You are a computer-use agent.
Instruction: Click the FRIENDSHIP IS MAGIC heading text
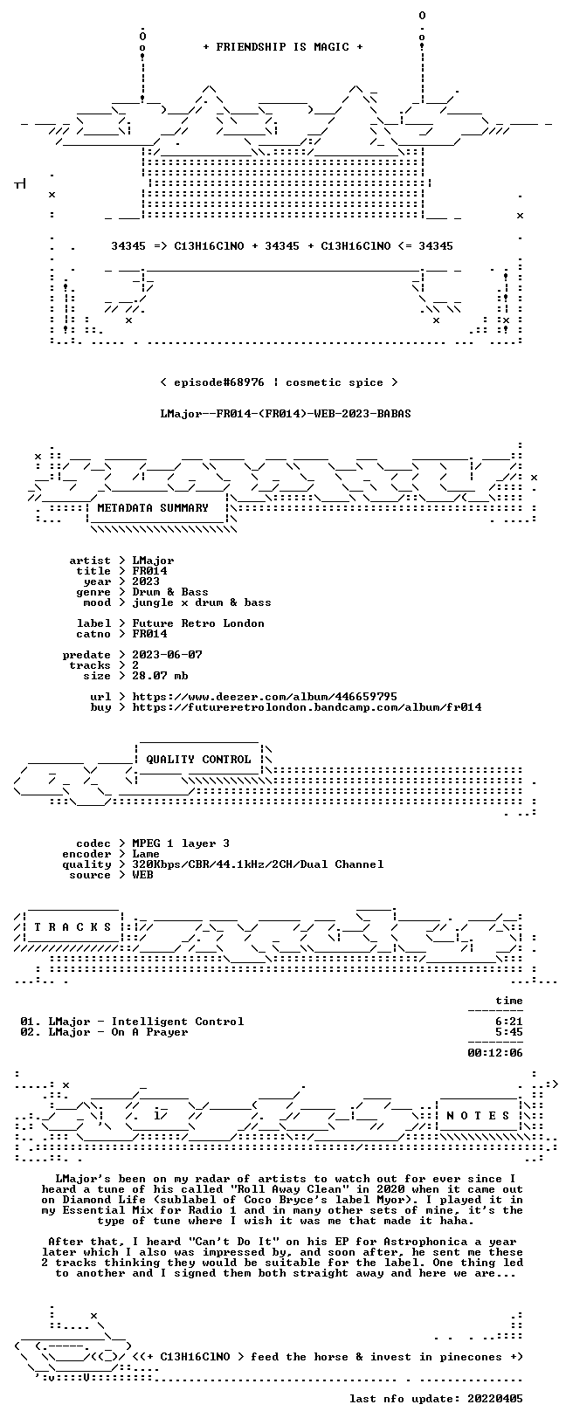pyautogui.click(x=283, y=47)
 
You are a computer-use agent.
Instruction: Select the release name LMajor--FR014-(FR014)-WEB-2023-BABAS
pyautogui.click(x=286, y=414)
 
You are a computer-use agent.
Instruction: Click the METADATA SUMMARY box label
pyautogui.click(x=153, y=507)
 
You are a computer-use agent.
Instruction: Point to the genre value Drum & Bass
pyautogui.click(x=170, y=592)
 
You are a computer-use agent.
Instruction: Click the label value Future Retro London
pyautogui.click(x=198, y=623)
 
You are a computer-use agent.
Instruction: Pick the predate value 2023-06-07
pyautogui.click(x=167, y=655)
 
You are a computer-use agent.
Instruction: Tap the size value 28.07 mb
pyautogui.click(x=160, y=676)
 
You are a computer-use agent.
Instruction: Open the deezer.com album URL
pyautogui.click(x=264, y=697)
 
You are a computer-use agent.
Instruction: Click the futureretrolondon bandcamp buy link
pyautogui.click(x=307, y=706)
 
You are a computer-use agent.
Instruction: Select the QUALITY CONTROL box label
pyautogui.click(x=198, y=759)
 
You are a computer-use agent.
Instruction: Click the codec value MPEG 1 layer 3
pyautogui.click(x=181, y=843)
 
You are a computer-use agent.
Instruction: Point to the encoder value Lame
pyautogui.click(x=146, y=854)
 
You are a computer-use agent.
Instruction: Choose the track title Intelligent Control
pyautogui.click(x=177, y=1022)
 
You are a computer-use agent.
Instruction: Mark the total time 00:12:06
pyautogui.click(x=494, y=1053)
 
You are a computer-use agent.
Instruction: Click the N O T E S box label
pyautogui.click(x=478, y=1116)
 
